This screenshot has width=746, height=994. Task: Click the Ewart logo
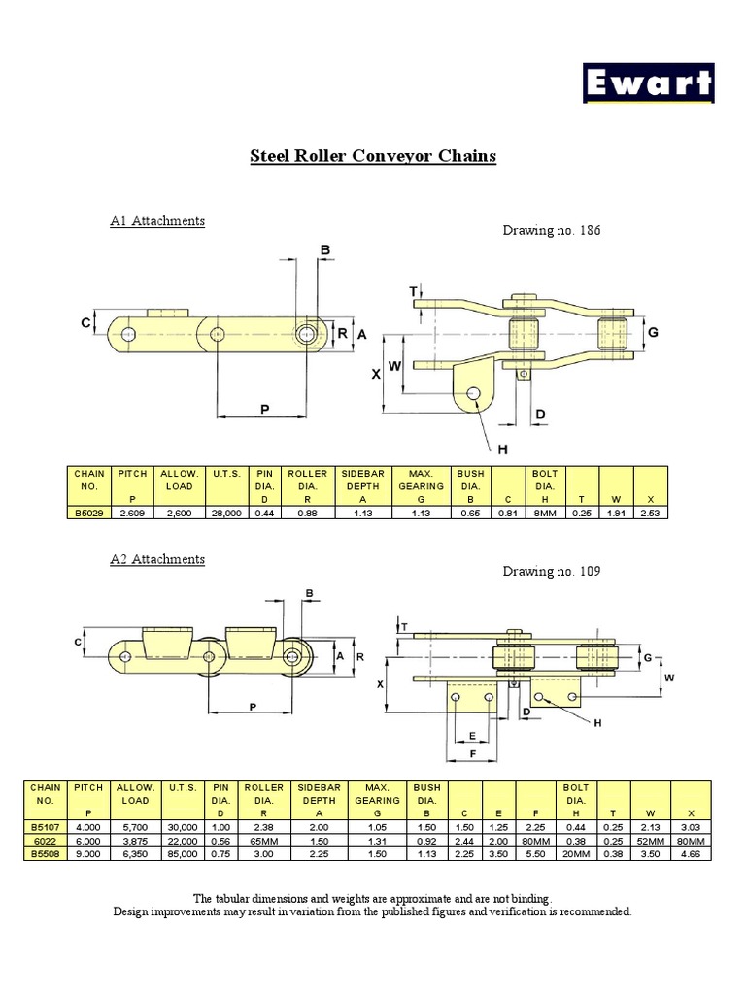click(x=649, y=83)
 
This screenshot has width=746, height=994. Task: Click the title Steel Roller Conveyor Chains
click(x=373, y=155)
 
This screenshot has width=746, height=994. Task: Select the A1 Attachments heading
click(x=157, y=220)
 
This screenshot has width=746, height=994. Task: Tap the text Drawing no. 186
click(x=551, y=230)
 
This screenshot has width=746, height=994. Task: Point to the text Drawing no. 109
click(x=551, y=571)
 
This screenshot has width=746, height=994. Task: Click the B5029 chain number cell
click(x=89, y=513)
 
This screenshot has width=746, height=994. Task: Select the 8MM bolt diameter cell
click(x=544, y=513)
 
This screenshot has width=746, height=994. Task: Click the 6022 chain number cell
click(x=45, y=839)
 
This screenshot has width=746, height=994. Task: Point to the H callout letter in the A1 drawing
click(x=502, y=449)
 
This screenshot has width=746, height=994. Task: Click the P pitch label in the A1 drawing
click(x=264, y=411)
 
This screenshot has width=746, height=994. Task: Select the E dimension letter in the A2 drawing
click(x=472, y=736)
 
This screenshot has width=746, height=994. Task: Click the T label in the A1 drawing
click(x=413, y=291)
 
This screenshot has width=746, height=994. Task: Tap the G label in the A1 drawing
click(x=653, y=332)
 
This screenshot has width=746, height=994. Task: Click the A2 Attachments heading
click(x=157, y=559)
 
